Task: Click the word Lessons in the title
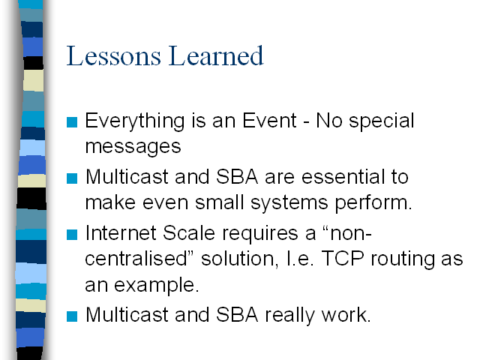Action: click(113, 55)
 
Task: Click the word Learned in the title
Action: click(216, 55)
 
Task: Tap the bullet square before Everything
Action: click(72, 122)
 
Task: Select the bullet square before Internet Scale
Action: click(72, 235)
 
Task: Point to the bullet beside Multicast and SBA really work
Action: click(72, 316)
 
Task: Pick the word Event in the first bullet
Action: click(269, 120)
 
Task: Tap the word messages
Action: click(133, 147)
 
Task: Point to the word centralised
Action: click(136, 259)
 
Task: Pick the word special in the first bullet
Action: click(382, 121)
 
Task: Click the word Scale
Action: click(189, 233)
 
